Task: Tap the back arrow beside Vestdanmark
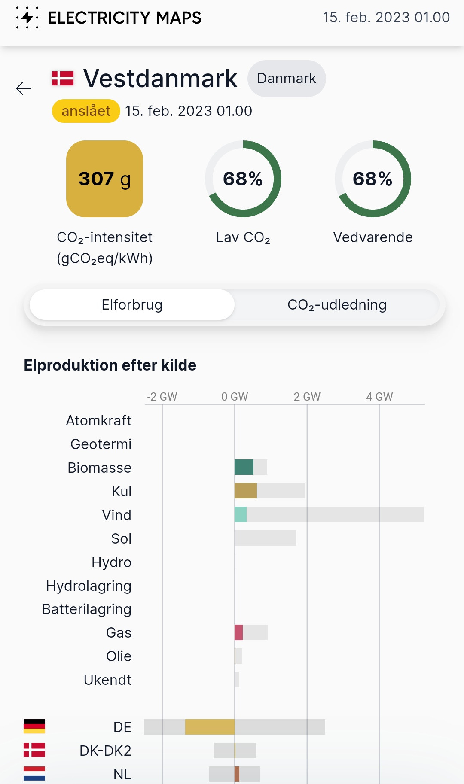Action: coord(24,88)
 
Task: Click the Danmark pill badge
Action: coord(287,79)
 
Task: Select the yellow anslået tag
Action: coord(86,111)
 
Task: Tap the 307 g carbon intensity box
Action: coord(104,179)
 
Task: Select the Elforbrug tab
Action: coord(132,305)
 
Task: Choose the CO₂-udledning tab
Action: coord(337,305)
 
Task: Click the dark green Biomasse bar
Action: coord(244,467)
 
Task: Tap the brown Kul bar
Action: coord(246,491)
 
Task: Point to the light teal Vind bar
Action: coord(241,514)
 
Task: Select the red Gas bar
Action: coord(238,632)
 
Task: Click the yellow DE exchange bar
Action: coord(210,727)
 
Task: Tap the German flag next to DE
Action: coord(34,726)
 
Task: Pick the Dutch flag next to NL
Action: coord(34,774)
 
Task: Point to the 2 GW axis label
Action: coord(307,397)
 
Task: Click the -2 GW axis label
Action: coord(162,397)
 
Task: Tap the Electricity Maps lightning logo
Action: coord(27,18)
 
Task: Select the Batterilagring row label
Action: coord(87,609)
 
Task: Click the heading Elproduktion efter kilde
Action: coord(110,365)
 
